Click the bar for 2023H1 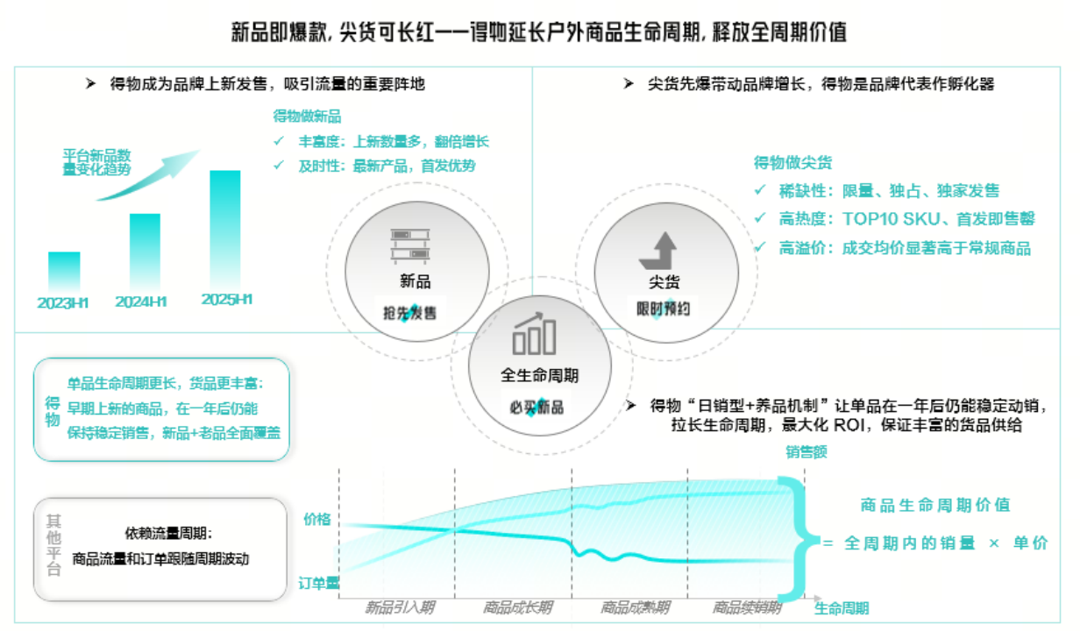[64, 272]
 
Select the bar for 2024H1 [145, 252]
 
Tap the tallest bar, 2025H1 [225, 230]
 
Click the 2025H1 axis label [226, 300]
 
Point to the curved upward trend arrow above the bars [147, 174]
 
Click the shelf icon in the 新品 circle [410, 246]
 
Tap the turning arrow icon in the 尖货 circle [658, 251]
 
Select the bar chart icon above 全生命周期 [534, 333]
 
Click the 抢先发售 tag [410, 314]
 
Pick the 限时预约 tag [663, 308]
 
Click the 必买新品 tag [536, 408]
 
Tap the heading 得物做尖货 [792, 163]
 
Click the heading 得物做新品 [307, 117]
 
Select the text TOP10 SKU [891, 219]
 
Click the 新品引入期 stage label [400, 607]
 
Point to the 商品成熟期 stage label [635, 607]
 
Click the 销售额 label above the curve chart [806, 451]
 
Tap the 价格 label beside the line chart [316, 519]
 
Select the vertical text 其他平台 [53, 545]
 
